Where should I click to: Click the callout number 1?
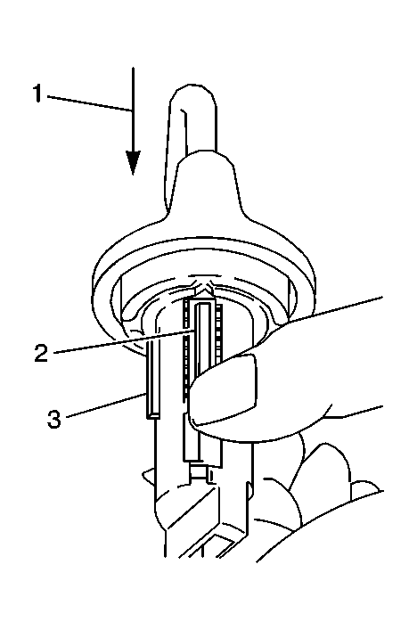click(37, 94)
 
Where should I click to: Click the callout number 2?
click(41, 353)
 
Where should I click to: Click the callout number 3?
click(53, 419)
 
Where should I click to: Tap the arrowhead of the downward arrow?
click(133, 163)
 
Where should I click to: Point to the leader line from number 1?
click(89, 102)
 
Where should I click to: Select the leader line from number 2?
click(125, 341)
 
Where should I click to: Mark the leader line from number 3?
click(105, 405)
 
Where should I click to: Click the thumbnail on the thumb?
click(224, 391)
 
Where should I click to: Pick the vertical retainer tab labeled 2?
click(203, 338)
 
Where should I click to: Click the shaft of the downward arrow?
click(133, 110)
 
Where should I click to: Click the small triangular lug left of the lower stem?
click(148, 475)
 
